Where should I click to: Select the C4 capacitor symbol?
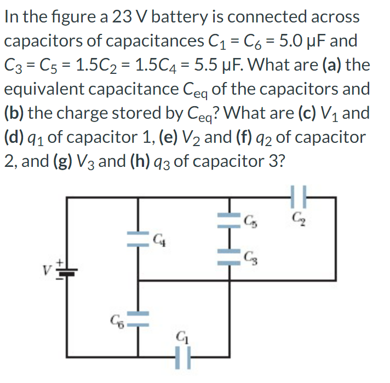click(x=137, y=238)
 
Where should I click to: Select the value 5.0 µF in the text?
click(x=299, y=41)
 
